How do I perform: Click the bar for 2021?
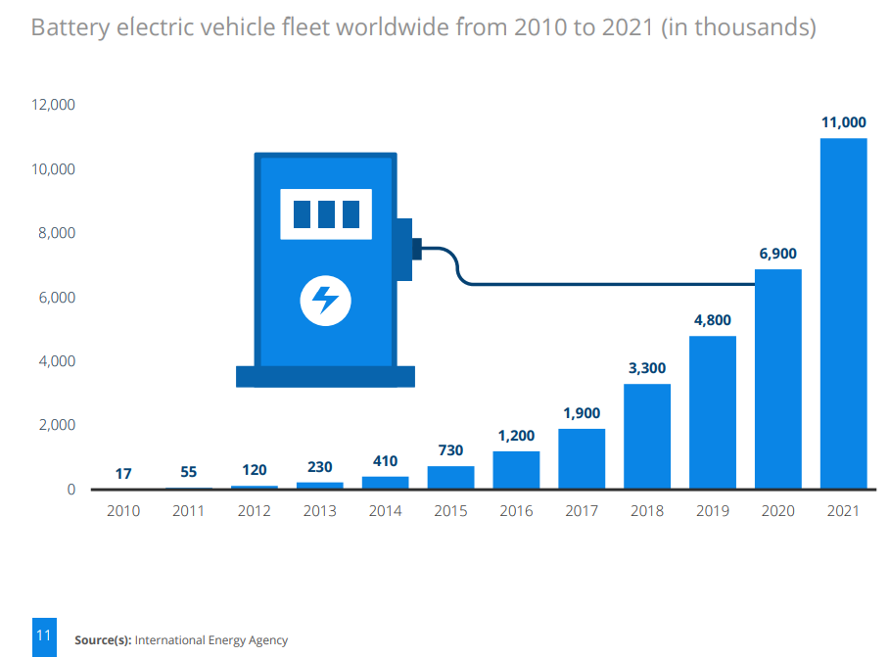pyautogui.click(x=843, y=313)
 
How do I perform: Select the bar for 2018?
pyautogui.click(x=647, y=436)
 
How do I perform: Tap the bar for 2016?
pyautogui.click(x=516, y=470)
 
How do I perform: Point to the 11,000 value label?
pyautogui.click(x=843, y=122)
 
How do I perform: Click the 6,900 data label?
pyautogui.click(x=777, y=254)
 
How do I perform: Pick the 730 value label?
pyautogui.click(x=450, y=449)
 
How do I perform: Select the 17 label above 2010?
pyautogui.click(x=123, y=474)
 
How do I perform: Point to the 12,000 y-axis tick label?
pyautogui.click(x=52, y=105)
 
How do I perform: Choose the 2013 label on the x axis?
pyautogui.click(x=319, y=511)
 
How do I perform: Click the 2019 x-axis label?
pyautogui.click(x=712, y=511)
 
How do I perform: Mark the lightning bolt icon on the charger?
pyautogui.click(x=325, y=300)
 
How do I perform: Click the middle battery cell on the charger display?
pyautogui.click(x=325, y=213)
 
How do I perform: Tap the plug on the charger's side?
pyautogui.click(x=415, y=249)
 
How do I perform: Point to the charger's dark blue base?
pyautogui.click(x=325, y=376)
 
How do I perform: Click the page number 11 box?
pyautogui.click(x=43, y=636)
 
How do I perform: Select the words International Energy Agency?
pyautogui.click(x=211, y=640)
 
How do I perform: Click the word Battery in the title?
pyautogui.click(x=71, y=26)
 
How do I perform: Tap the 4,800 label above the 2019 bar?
pyautogui.click(x=712, y=320)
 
